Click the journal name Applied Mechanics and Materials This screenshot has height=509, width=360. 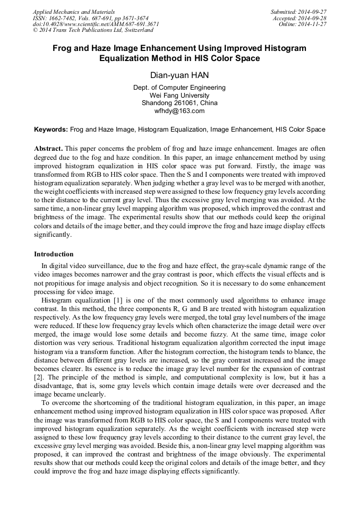coord(74,12)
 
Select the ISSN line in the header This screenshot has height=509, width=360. coord(91,18)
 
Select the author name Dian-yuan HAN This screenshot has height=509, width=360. coord(179,75)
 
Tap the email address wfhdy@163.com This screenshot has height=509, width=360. coord(179,111)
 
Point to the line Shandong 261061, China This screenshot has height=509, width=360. coord(179,103)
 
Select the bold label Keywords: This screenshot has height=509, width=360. coord(51,129)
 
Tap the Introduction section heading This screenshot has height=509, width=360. coord(54,254)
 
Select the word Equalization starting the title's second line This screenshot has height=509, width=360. coord(126,58)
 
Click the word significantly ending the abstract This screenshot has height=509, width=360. coord(52,234)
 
